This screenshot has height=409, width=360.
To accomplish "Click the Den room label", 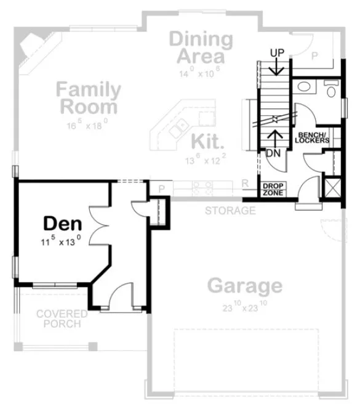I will click(x=62, y=224).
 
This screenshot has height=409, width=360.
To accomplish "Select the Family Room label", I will click(x=88, y=98).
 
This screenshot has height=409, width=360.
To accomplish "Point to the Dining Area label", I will click(x=201, y=48).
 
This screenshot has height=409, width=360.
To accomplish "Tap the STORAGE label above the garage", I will click(x=230, y=211).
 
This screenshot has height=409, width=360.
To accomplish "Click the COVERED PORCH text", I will click(x=62, y=318).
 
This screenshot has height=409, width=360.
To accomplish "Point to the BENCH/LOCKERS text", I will click(x=313, y=137).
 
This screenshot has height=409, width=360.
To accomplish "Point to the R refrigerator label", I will click(x=245, y=184).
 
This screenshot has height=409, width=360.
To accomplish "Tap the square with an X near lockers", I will click(x=332, y=187).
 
